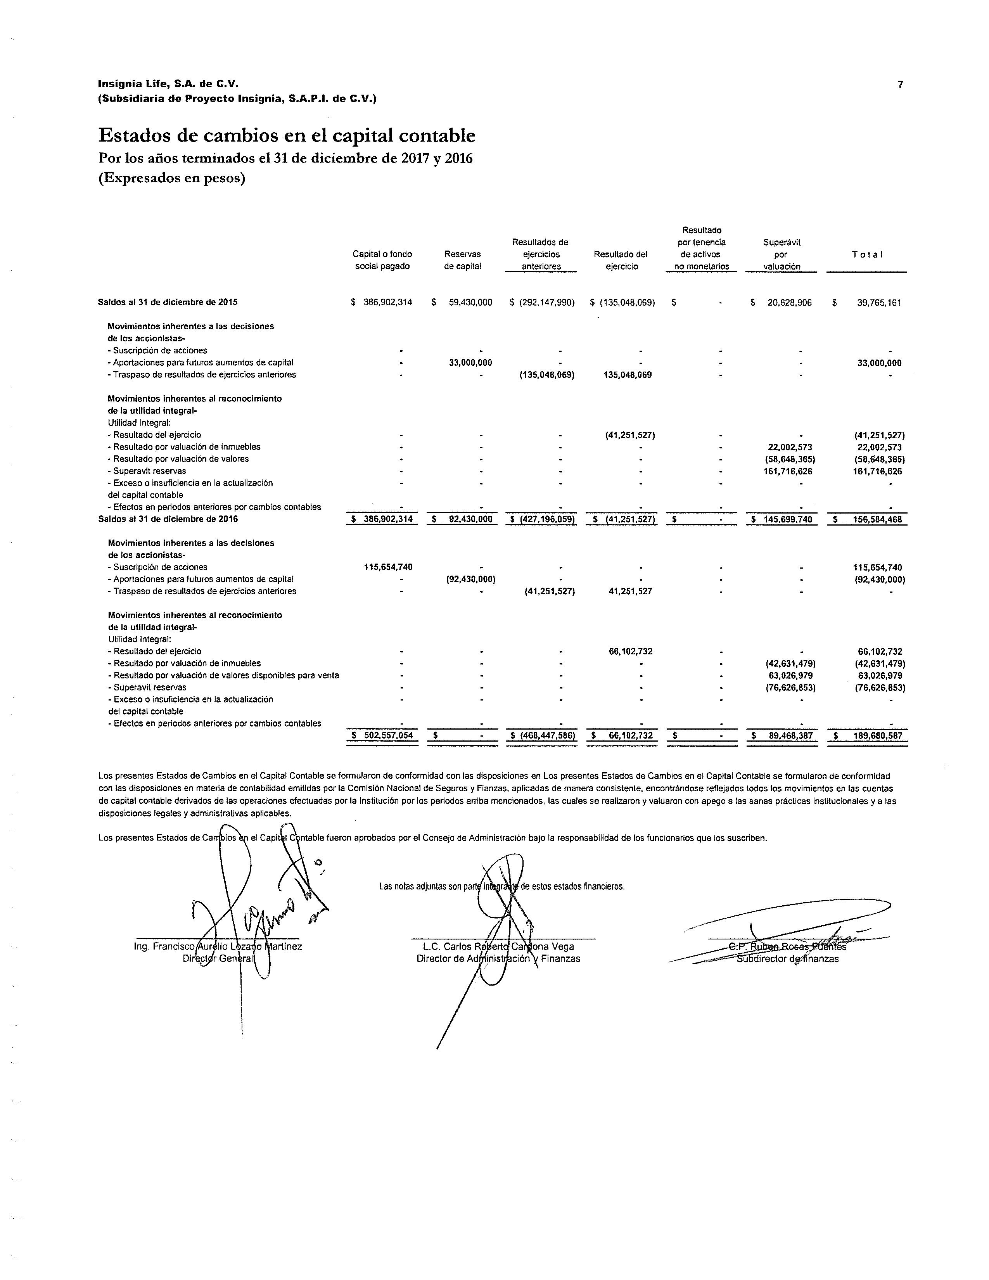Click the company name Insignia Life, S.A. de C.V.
(168, 85)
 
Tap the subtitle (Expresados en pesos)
(172, 178)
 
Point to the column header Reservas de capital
(462, 260)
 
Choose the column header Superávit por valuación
(782, 254)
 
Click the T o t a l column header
(867, 254)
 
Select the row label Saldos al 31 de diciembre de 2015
(168, 303)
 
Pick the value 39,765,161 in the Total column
(879, 303)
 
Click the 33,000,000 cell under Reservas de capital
(470, 363)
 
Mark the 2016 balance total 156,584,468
(877, 519)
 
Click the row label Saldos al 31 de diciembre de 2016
(168, 519)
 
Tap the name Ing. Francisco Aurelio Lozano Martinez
(218, 946)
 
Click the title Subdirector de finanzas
(787, 959)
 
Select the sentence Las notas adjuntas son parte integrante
(501, 886)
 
